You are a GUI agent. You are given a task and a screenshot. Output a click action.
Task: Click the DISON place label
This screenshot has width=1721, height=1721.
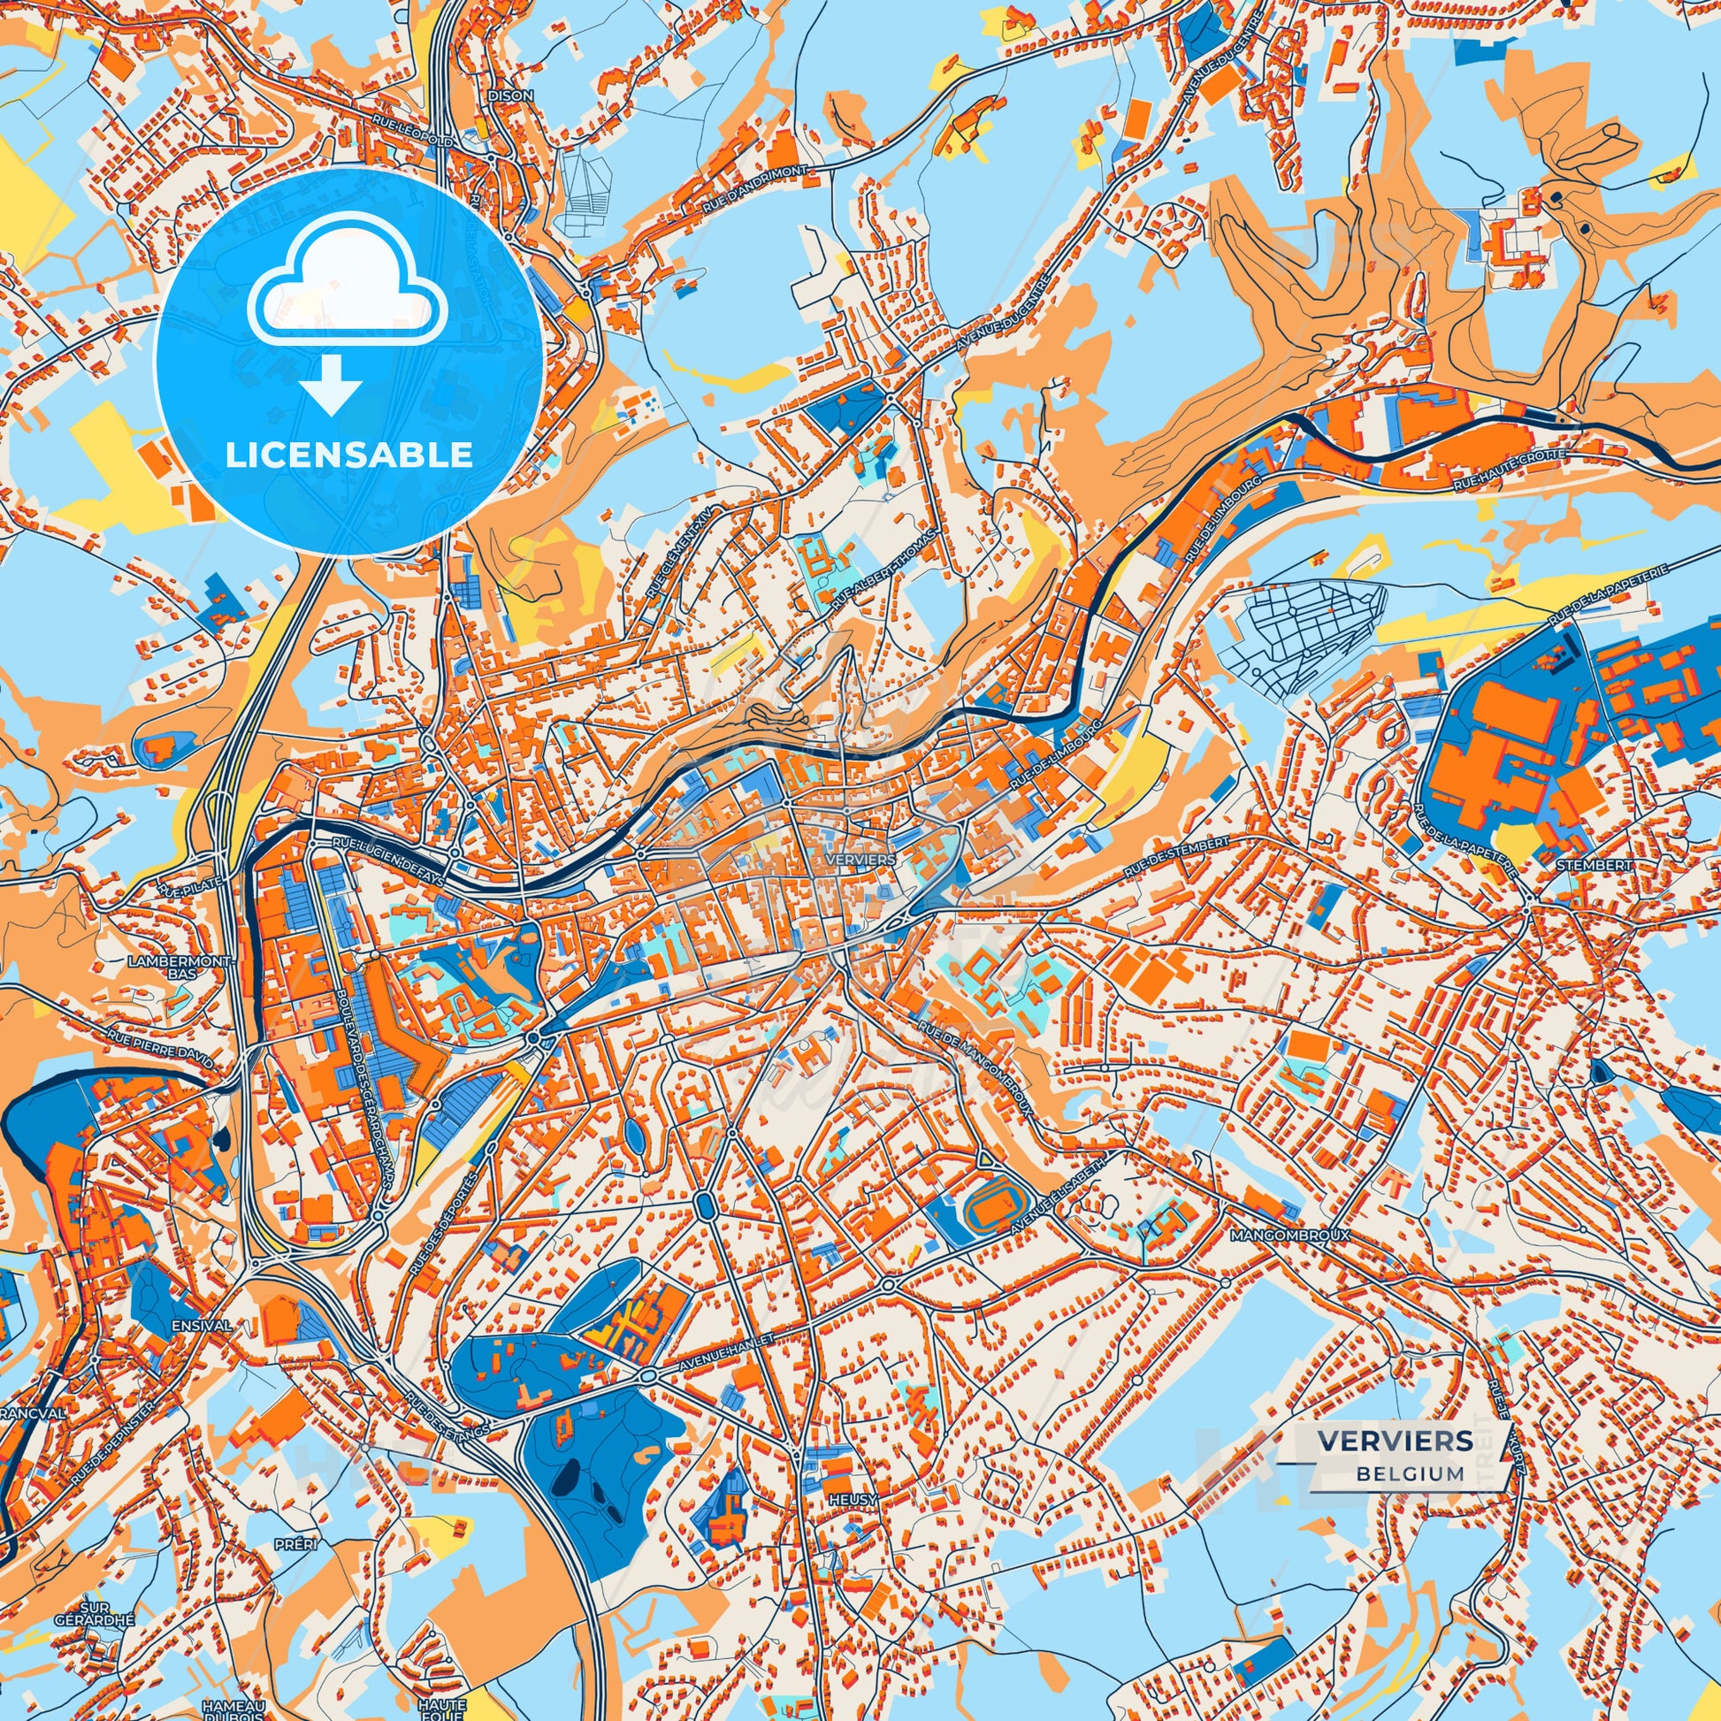coord(510,96)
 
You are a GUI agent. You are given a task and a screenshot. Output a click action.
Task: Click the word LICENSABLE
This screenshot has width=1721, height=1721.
coord(349,455)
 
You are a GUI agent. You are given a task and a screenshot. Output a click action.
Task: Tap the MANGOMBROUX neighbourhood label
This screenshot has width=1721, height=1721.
coord(1289,1236)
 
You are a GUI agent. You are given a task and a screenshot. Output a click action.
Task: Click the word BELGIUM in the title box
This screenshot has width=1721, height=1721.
coord(1410,1473)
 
